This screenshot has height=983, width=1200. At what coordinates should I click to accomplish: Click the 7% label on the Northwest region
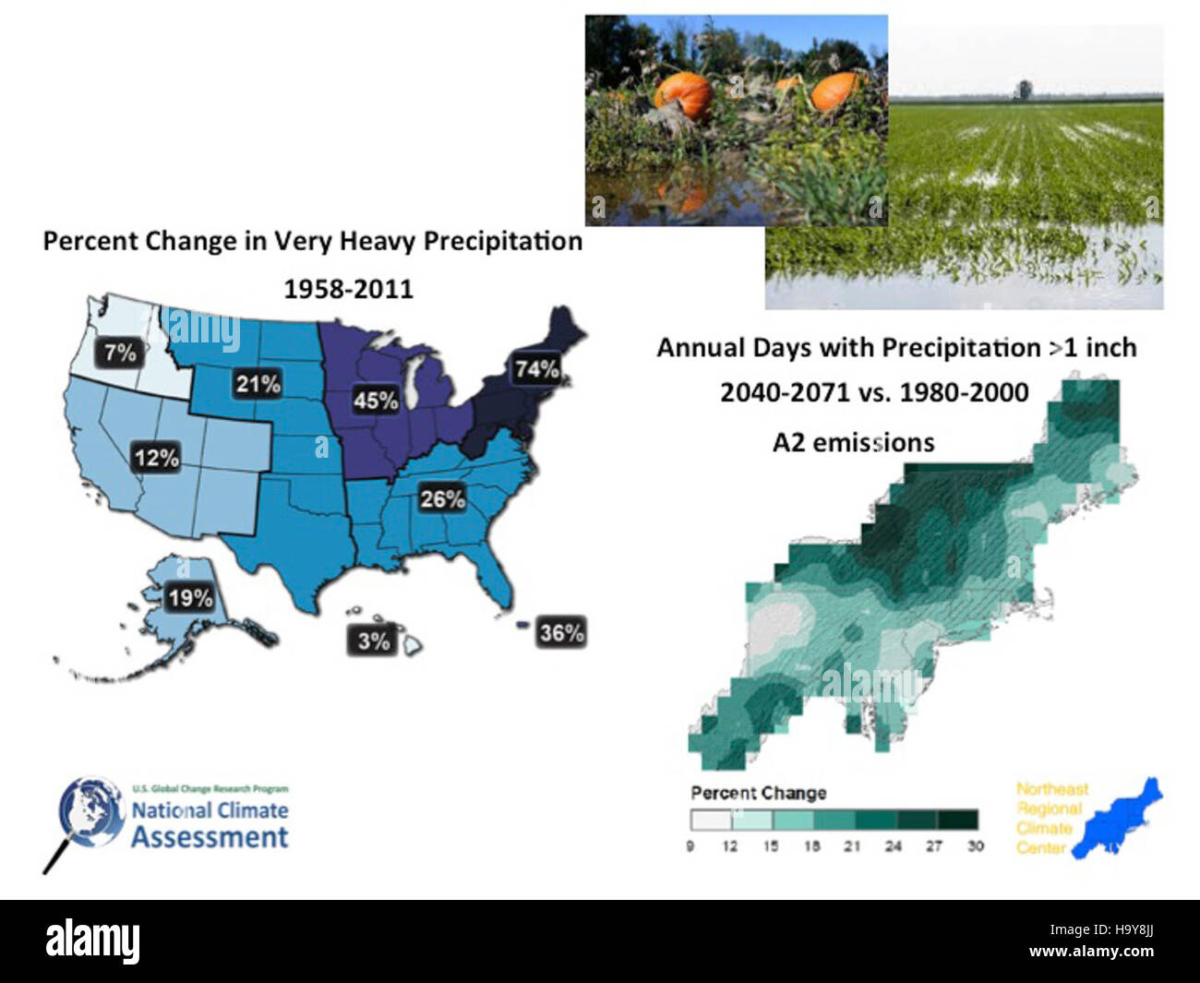coord(120,353)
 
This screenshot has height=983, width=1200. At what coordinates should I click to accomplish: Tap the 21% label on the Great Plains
coord(258,384)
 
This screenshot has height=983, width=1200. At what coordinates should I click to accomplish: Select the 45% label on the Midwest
coord(376,401)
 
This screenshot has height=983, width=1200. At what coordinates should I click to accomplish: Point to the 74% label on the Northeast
coord(536,369)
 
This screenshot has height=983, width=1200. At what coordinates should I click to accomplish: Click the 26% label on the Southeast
coord(442,499)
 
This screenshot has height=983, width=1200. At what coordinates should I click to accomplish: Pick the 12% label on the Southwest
coord(156,458)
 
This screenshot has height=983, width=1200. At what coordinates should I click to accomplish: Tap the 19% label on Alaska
coord(190,598)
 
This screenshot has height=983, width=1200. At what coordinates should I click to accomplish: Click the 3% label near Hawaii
coord(373,641)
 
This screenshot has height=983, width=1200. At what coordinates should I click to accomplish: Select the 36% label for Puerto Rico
coord(561,633)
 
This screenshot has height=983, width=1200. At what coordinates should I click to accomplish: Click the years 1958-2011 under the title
coord(348,289)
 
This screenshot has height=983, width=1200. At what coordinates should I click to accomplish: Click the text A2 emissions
coord(853,443)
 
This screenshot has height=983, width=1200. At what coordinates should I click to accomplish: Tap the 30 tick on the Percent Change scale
coord(975,845)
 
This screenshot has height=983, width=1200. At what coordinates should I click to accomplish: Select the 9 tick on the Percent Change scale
coord(690,845)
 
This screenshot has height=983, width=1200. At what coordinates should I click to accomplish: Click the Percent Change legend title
coord(758,793)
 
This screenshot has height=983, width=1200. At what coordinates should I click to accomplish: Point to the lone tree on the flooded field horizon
coord(1024,90)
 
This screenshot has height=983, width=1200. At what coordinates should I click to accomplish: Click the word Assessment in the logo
coord(210,837)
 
